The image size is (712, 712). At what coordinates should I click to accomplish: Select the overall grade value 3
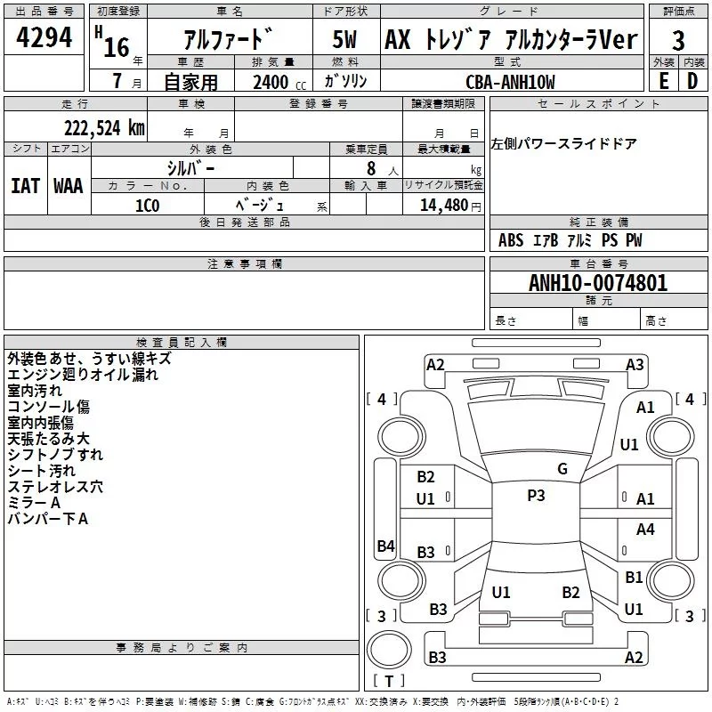click(x=678, y=40)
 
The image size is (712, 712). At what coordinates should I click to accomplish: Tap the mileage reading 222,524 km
click(x=103, y=126)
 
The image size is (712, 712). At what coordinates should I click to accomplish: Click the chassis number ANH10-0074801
click(x=597, y=283)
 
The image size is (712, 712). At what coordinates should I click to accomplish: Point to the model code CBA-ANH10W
click(x=510, y=82)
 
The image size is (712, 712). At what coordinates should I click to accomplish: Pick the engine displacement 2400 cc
click(x=276, y=83)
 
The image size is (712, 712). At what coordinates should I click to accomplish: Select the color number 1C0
click(x=147, y=205)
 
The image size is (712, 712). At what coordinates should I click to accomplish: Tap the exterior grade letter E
click(x=663, y=81)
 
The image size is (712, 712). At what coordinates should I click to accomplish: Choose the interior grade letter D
click(x=692, y=81)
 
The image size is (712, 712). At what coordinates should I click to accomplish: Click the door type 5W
click(x=345, y=40)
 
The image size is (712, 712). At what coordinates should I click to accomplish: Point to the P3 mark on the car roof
click(x=536, y=496)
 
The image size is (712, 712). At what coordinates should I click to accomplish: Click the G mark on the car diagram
click(x=562, y=469)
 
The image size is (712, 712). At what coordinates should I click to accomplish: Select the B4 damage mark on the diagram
click(x=385, y=546)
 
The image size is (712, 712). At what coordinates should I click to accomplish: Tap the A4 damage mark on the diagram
click(x=645, y=529)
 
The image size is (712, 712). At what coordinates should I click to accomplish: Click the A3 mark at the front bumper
click(x=635, y=364)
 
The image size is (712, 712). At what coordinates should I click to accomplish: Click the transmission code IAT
click(x=25, y=185)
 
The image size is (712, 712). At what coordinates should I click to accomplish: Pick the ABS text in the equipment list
click(x=511, y=240)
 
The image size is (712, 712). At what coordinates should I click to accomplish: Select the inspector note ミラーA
click(x=34, y=503)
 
